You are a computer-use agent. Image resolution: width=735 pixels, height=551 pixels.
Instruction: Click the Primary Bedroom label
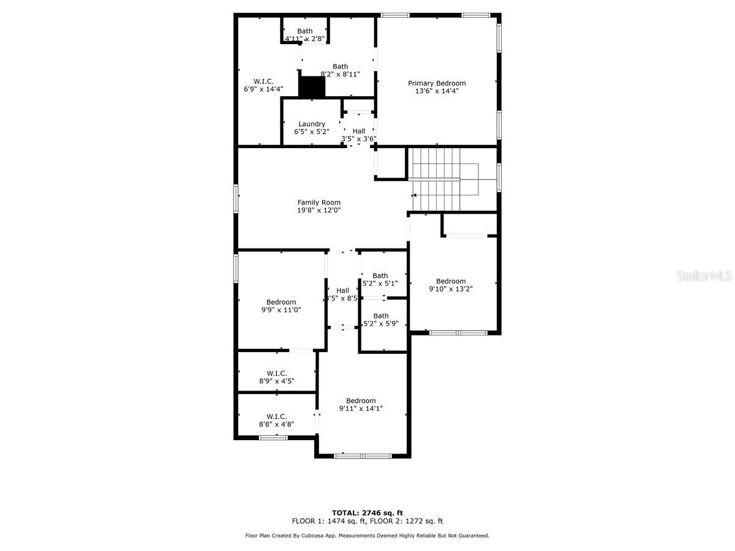point(437,83)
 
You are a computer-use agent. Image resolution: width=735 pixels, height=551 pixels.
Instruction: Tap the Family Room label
point(318,203)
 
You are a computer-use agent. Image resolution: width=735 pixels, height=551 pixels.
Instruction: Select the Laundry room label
point(312,124)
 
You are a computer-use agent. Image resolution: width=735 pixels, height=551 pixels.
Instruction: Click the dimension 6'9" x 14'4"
point(263,89)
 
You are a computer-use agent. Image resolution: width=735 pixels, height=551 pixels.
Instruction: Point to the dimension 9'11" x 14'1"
point(361,409)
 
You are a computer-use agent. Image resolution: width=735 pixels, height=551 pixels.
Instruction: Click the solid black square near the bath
point(312,86)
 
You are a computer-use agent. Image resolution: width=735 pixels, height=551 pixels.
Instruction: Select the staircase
point(435,179)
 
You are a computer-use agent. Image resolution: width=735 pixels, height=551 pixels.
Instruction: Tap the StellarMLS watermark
point(704,277)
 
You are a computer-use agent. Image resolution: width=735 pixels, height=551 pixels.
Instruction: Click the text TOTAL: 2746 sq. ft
point(367,513)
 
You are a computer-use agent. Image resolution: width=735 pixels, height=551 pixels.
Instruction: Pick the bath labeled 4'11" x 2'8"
point(304,35)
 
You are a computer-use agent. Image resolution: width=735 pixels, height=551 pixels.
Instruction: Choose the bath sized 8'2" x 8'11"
point(340,70)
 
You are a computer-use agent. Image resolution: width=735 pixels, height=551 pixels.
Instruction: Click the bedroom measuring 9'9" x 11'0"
point(281,305)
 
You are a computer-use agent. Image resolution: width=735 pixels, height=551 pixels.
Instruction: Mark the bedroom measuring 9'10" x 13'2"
point(450,285)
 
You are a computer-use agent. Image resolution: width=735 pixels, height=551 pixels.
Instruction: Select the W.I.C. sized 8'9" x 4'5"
point(276,377)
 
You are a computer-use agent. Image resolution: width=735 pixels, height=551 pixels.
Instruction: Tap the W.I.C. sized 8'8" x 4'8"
point(276,420)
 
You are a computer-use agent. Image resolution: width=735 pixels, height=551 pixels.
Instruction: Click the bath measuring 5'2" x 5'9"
point(381,320)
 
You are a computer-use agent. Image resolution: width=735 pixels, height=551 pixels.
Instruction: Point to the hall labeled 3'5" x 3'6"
point(358,135)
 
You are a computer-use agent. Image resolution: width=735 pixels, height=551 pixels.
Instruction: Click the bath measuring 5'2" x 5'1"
point(380,279)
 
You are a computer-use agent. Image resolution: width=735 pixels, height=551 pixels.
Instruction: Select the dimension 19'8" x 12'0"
point(318,210)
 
